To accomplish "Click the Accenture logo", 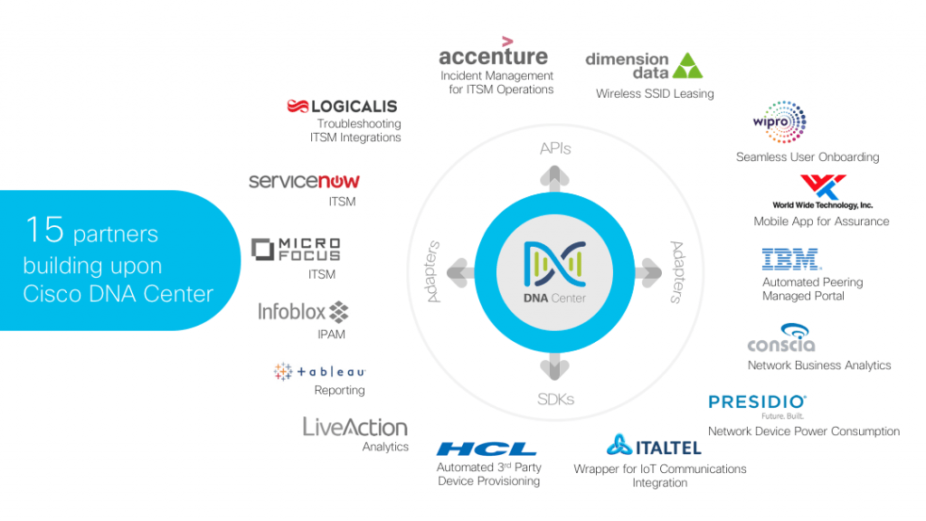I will click(x=493, y=54).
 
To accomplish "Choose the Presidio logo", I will click(x=758, y=402).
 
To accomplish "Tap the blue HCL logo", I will click(x=487, y=449).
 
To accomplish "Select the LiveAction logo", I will click(x=355, y=427).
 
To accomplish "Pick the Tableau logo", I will click(x=319, y=371).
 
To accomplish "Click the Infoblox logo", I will click(x=303, y=312).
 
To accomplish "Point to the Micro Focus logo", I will click(x=296, y=250).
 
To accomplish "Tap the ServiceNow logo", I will click(x=304, y=182).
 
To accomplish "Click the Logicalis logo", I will click(x=342, y=107).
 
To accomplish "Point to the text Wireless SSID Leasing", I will click(x=655, y=93).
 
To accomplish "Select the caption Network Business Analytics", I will click(x=819, y=365).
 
